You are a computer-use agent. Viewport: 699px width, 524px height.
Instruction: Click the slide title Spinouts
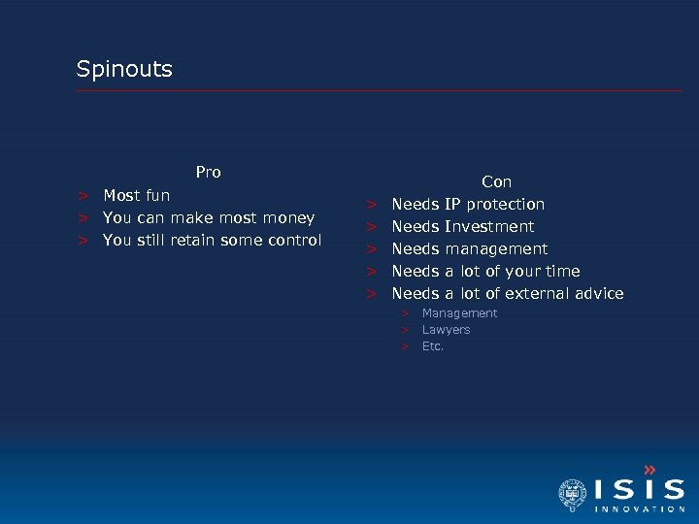pos(124,69)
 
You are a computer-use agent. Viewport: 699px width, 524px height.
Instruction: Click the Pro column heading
pos(208,173)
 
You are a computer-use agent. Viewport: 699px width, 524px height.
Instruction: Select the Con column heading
pos(496,182)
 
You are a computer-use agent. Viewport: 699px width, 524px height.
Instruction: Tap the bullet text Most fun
pos(137,196)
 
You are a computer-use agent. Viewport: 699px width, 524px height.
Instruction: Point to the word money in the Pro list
pos(291,218)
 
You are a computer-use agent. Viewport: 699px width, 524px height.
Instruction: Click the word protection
pos(505,205)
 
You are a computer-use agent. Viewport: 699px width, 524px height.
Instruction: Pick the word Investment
pos(489,227)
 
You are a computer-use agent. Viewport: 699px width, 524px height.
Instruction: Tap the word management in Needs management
pos(496,249)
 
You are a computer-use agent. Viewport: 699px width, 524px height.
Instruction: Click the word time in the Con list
pos(563,272)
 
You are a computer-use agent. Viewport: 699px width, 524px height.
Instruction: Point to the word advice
pos(599,294)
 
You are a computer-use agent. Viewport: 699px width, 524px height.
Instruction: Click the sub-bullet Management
pos(459,313)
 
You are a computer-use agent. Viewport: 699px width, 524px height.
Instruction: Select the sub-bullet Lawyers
pos(446,330)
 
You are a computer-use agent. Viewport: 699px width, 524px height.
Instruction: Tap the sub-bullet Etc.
pos(433,346)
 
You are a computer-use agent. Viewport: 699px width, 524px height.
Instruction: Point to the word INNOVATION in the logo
pos(639,509)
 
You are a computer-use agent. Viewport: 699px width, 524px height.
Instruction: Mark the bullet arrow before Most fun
pos(84,196)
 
